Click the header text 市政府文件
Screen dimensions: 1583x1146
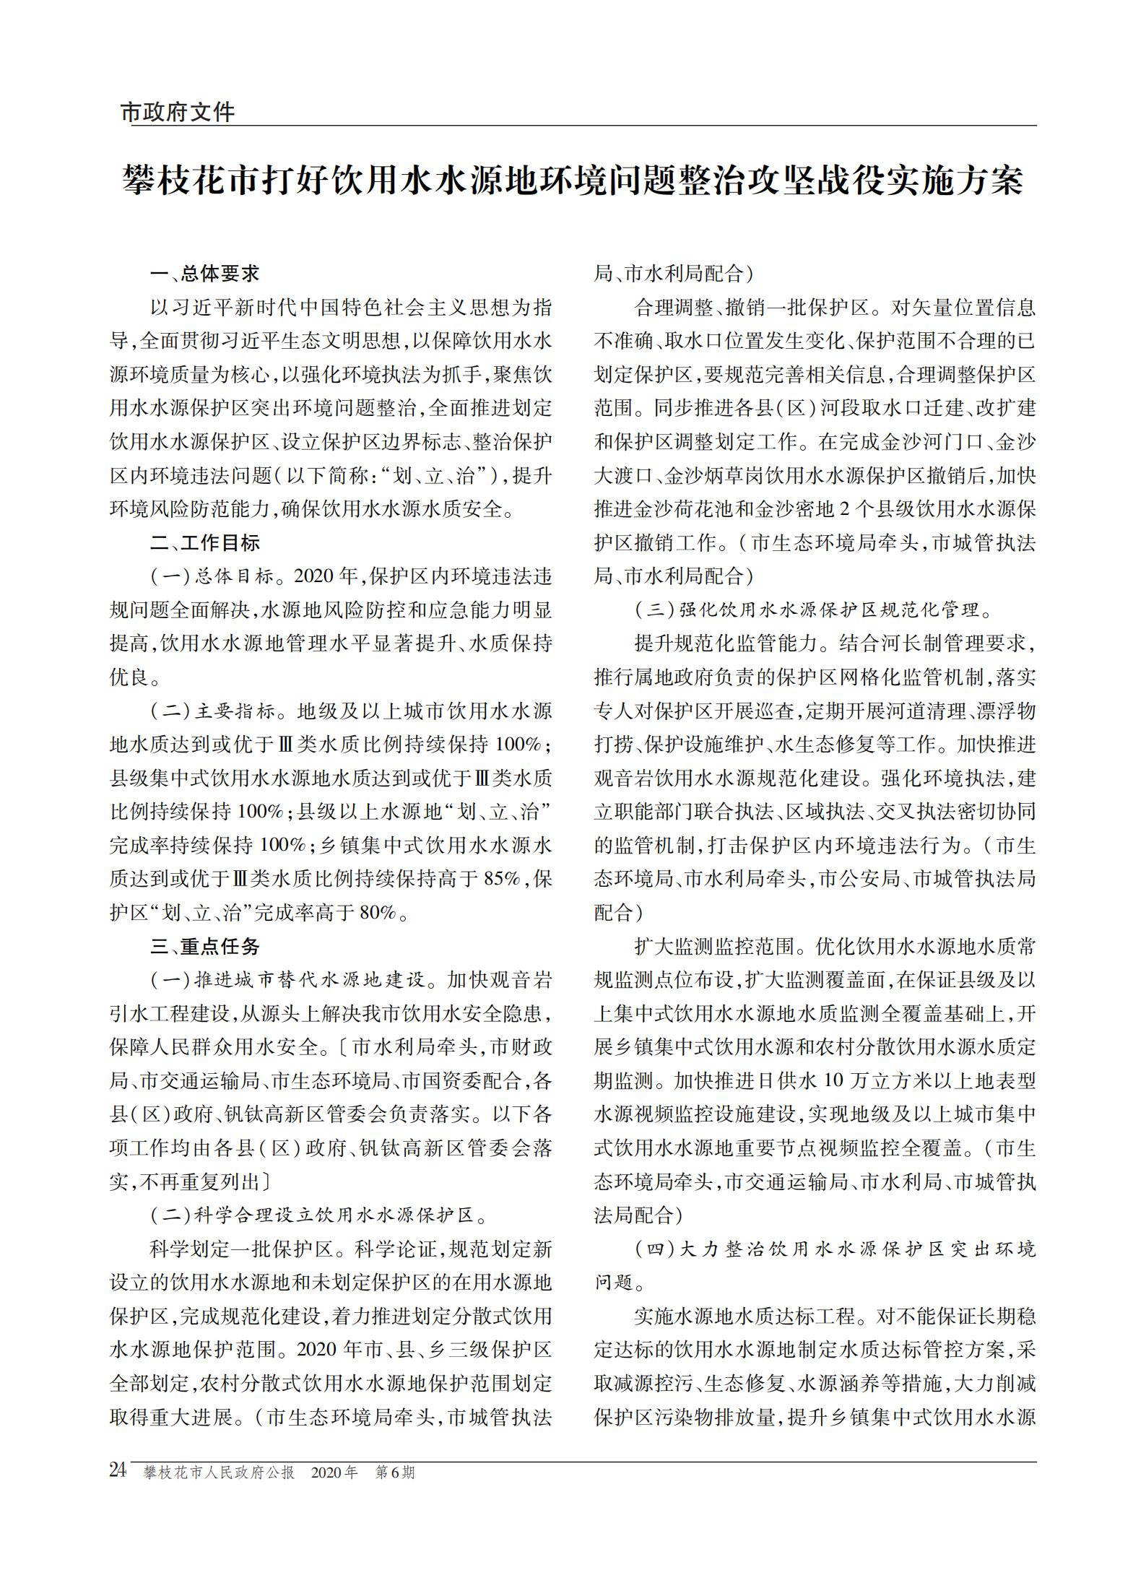click(x=177, y=112)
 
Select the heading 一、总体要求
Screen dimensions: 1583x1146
click(x=204, y=274)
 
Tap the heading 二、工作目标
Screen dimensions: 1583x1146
click(x=204, y=543)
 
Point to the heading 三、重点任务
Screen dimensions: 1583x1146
click(x=204, y=947)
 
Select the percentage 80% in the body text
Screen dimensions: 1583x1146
click(x=377, y=913)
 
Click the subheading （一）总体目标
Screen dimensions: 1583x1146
click(x=212, y=576)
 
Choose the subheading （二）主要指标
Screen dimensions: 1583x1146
click(x=212, y=711)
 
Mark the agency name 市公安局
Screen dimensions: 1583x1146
click(x=864, y=879)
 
